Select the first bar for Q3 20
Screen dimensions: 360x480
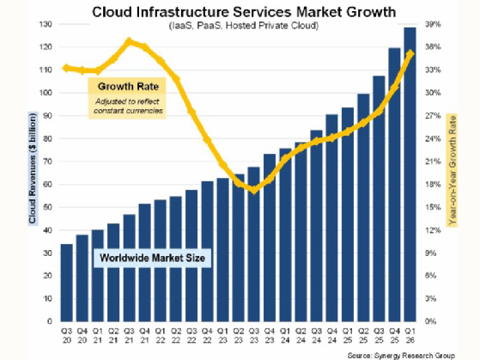point(66,283)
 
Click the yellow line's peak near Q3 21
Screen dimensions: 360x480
point(129,40)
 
